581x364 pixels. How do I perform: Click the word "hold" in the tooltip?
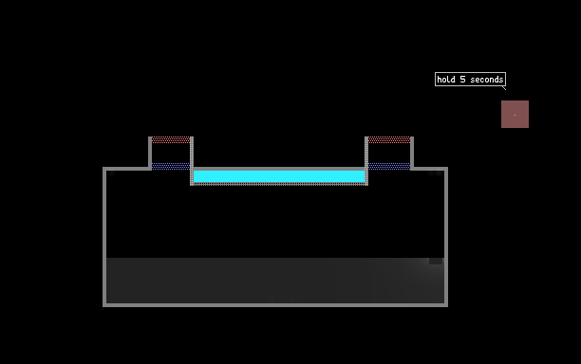click(446, 80)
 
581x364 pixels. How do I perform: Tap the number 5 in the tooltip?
click(462, 80)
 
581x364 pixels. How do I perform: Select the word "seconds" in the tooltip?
click(486, 80)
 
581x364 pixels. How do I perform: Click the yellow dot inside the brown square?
click(515, 115)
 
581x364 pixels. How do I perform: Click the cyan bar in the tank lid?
click(279, 176)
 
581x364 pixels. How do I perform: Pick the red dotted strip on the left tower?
click(171, 139)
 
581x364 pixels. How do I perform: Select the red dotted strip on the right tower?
click(389, 139)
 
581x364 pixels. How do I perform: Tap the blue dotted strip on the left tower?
click(171, 166)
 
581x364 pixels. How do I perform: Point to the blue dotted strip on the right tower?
click(389, 166)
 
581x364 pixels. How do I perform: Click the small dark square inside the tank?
click(436, 262)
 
